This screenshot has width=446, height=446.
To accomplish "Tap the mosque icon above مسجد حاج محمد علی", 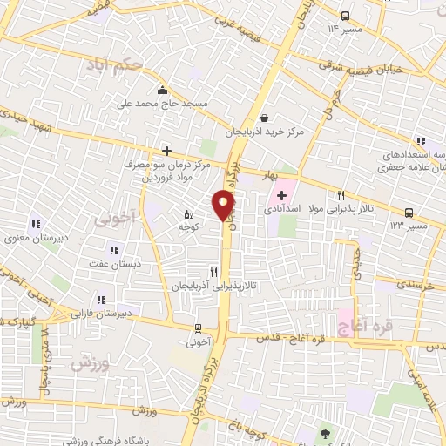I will click(x=162, y=90).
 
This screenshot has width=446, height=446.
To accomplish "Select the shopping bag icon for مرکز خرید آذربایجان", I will click(x=264, y=118).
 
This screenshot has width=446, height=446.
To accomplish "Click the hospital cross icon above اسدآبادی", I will click(x=282, y=195).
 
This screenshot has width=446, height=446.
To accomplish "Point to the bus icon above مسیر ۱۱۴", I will click(x=346, y=16).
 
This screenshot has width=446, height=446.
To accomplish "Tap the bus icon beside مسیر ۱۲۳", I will click(x=409, y=212).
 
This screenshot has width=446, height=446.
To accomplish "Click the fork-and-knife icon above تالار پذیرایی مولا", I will click(x=341, y=195).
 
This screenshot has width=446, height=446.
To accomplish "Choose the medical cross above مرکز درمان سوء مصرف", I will click(x=166, y=151).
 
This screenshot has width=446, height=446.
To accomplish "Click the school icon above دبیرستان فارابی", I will click(x=101, y=299).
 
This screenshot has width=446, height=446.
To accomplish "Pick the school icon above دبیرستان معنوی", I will click(x=36, y=224).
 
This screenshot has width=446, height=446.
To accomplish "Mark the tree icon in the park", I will click(x=326, y=433).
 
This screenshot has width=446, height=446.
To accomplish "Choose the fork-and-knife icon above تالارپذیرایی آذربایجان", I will click(x=214, y=273).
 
